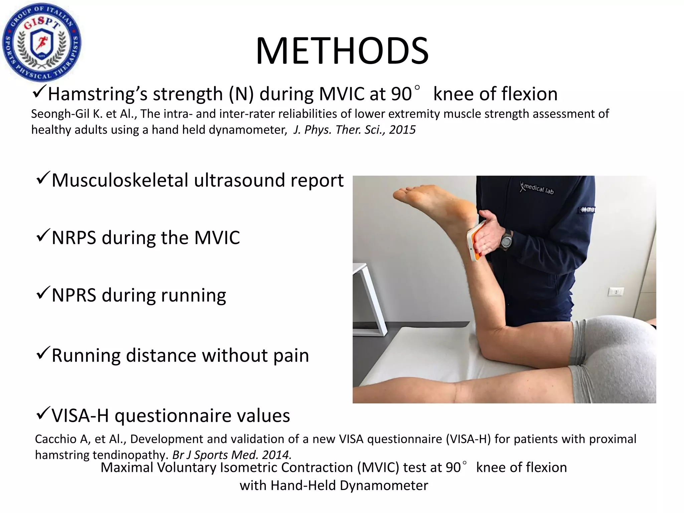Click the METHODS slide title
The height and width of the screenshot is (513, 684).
tap(342, 51)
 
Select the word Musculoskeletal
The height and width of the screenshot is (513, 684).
tap(120, 181)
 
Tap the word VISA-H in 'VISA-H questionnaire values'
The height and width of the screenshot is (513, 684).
tap(80, 416)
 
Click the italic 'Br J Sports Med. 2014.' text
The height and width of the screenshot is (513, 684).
tap(232, 455)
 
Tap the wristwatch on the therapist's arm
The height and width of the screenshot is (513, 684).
tap(506, 239)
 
